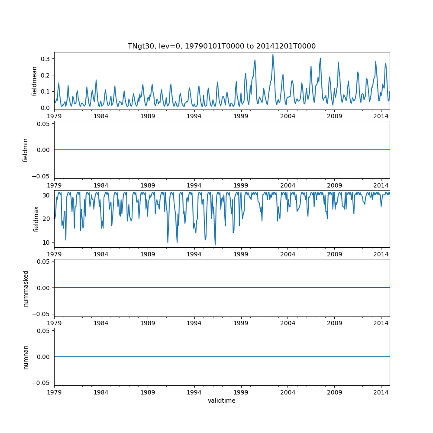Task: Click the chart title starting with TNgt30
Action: (221, 46)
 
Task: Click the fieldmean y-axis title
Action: (34, 81)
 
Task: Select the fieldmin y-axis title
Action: (26, 150)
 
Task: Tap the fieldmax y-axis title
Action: (36, 219)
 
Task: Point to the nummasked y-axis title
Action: (26, 288)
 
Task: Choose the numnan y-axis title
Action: (26, 357)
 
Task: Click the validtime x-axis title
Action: (221, 401)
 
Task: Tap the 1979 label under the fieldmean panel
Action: (54, 116)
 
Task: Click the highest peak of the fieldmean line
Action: (273, 55)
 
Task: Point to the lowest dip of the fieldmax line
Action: (215, 245)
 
